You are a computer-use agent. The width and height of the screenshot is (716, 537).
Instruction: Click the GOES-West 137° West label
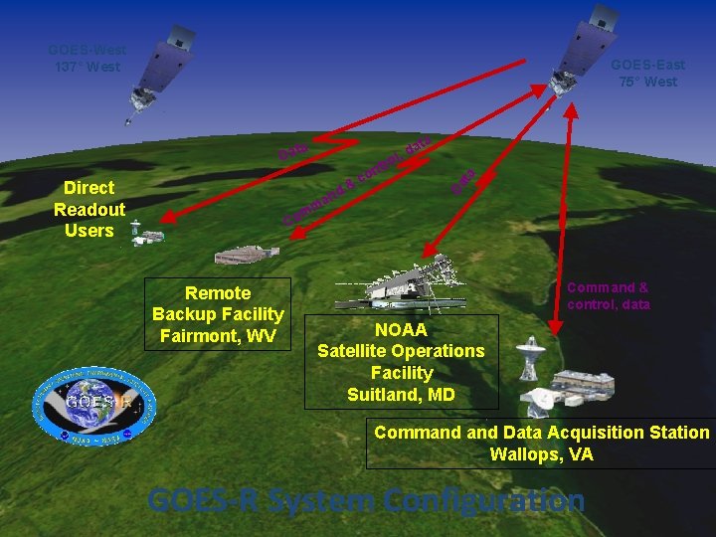[87, 59]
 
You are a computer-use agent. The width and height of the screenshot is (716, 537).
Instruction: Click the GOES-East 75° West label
[647, 74]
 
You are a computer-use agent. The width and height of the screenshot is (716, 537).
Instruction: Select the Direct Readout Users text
[89, 209]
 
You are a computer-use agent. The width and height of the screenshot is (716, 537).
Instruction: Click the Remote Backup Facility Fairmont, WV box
[218, 314]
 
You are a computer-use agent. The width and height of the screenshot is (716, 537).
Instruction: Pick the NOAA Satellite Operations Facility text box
[401, 362]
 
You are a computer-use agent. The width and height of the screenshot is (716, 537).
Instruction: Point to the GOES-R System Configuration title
[366, 500]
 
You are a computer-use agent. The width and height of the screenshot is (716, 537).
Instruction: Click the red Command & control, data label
[608, 296]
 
